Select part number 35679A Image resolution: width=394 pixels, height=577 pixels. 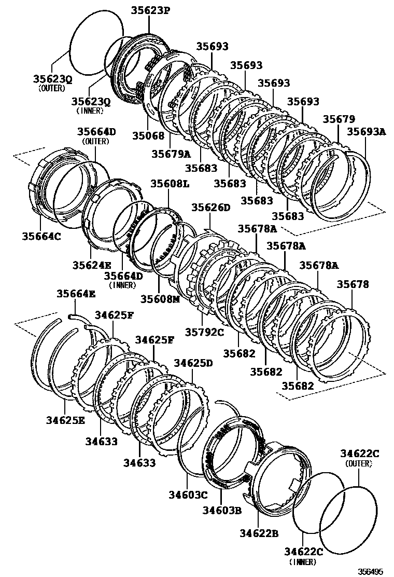click(x=171, y=154)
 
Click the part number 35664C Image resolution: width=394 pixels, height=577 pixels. click(x=41, y=236)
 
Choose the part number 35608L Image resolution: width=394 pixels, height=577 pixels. click(x=170, y=184)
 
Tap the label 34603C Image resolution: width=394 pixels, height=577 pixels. click(x=188, y=495)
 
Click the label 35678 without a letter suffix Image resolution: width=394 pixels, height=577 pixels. click(x=353, y=284)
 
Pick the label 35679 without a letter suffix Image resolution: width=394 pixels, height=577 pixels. click(x=339, y=119)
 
